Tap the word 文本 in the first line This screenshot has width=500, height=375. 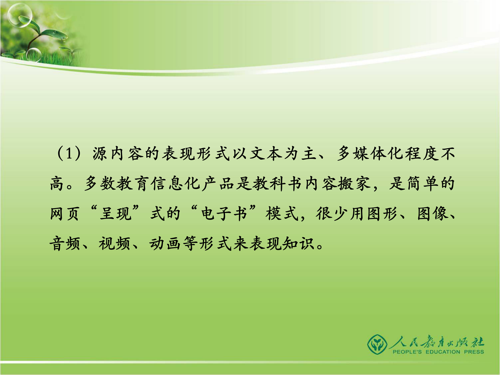[x=266, y=153]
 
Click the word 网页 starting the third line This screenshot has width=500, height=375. [x=65, y=214]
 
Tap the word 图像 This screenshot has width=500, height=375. [x=432, y=214]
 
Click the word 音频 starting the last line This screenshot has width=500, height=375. [x=65, y=244]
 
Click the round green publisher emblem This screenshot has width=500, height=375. [x=377, y=345]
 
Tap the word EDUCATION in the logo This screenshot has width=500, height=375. [x=443, y=352]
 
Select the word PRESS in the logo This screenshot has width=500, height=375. [x=474, y=352]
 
